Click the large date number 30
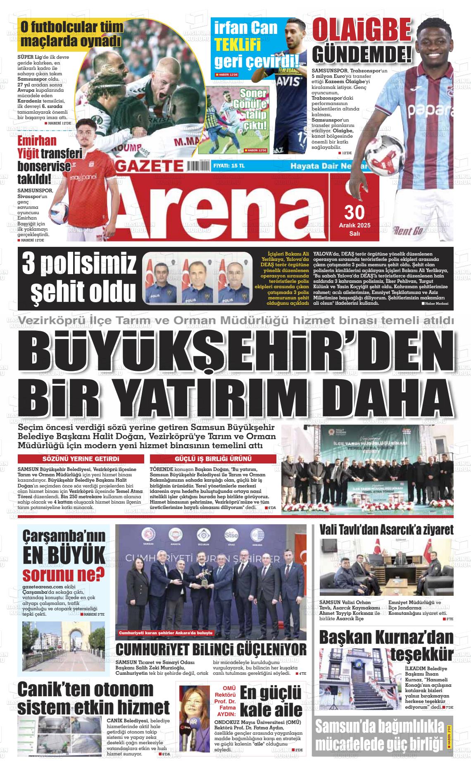[x=354, y=212]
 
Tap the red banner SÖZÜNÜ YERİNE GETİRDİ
[x=81, y=459]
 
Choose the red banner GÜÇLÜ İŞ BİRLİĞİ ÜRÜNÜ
[x=213, y=459]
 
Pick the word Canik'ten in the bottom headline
[x=52, y=689]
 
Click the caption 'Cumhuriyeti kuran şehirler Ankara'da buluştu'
[x=166, y=633]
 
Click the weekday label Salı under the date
[x=354, y=233]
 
